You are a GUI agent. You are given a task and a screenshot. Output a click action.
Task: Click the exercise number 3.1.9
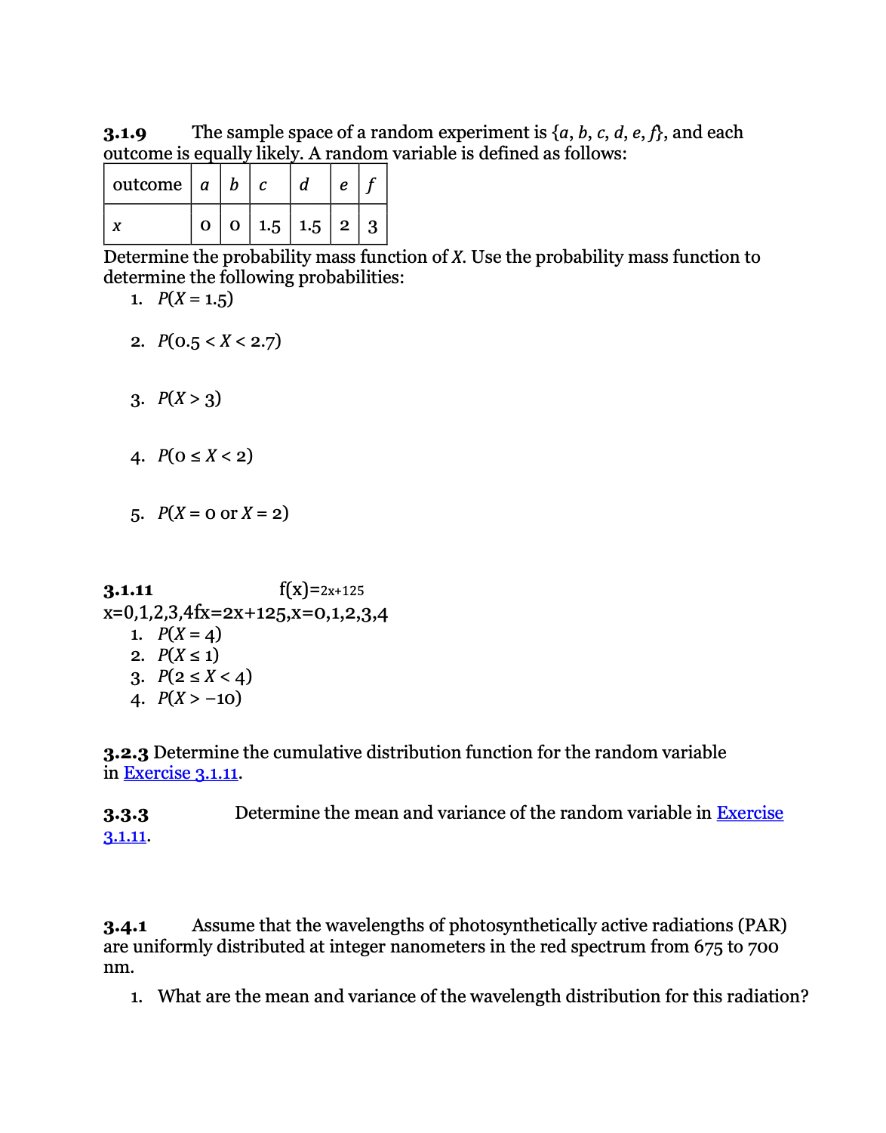point(125,134)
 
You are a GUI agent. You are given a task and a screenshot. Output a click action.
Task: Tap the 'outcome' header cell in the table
point(147,184)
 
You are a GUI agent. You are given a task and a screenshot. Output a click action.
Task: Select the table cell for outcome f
point(371,185)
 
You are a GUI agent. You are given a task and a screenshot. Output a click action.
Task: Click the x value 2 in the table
point(344,225)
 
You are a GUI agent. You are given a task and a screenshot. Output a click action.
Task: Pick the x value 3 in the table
point(373,226)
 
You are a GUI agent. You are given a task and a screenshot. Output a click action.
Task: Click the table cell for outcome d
point(304,185)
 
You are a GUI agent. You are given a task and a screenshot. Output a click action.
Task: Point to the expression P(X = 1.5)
point(195,298)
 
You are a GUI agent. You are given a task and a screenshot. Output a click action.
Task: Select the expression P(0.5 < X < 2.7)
point(219,341)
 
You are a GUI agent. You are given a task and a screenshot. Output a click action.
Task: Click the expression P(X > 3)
point(189,398)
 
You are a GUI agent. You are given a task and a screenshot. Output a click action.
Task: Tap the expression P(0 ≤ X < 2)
point(205,455)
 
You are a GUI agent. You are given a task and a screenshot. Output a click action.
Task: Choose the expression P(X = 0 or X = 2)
point(223,513)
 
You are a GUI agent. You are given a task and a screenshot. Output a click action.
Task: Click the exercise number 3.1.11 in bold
point(128,590)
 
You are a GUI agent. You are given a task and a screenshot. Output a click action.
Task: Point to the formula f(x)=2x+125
point(321,590)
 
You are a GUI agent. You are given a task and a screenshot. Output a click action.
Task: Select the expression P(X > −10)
point(199,698)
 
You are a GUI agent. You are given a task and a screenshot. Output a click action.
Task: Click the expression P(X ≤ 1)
point(188,655)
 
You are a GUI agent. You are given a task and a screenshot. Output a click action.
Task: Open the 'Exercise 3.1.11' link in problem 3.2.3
point(181,773)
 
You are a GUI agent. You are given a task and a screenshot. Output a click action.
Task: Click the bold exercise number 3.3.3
point(126,815)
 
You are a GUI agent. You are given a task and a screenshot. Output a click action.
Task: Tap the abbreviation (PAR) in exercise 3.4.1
point(762,925)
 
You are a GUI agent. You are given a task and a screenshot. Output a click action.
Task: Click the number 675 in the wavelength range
point(708,946)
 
